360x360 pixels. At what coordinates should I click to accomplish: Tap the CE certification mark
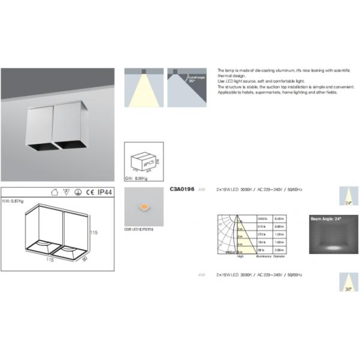click(x=88, y=193)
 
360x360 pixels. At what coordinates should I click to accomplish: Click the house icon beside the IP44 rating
click(x=55, y=193)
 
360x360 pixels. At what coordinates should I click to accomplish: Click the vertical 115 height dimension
click(x=94, y=232)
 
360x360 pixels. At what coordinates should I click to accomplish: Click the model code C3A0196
click(x=182, y=190)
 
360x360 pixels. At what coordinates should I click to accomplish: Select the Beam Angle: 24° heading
click(x=325, y=220)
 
